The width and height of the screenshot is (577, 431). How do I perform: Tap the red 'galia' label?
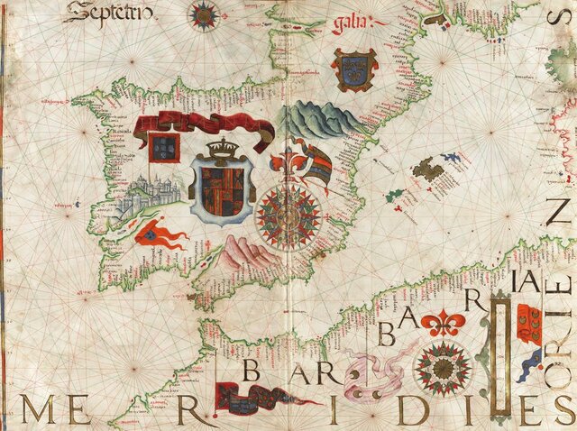[351, 24]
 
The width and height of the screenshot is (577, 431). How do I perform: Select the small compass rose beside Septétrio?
[205, 14]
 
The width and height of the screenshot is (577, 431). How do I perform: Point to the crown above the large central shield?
[219, 150]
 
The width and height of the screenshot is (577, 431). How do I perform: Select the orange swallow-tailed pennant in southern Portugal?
[160, 234]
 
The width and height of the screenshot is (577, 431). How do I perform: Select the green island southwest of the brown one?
[394, 195]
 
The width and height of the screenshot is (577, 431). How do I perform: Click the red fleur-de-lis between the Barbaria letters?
[445, 320]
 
